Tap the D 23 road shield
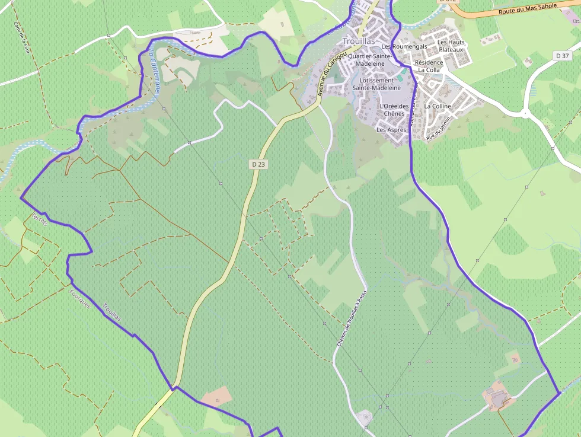258,164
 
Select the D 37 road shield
562,55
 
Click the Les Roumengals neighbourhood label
404,46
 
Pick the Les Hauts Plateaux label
451,46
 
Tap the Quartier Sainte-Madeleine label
371,59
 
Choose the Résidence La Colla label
429,66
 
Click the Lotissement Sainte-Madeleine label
376,84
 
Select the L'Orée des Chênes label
394,110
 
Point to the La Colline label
438,106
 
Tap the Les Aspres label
391,129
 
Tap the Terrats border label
40,219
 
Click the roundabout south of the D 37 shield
525,112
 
